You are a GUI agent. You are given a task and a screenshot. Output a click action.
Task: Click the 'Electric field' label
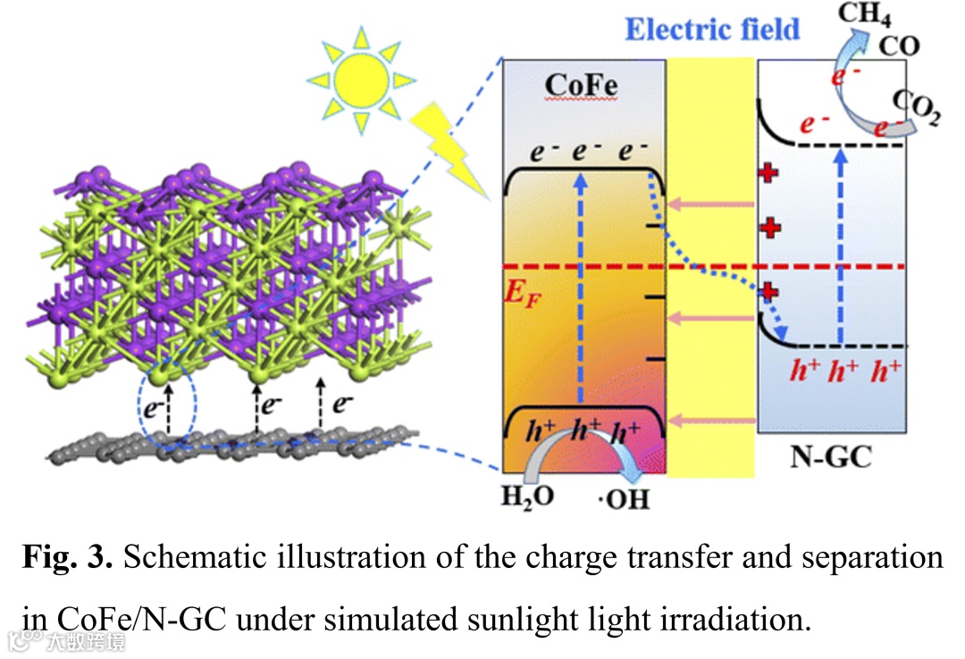pyautogui.click(x=711, y=29)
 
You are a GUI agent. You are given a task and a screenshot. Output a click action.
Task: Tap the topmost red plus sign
pyautogui.click(x=766, y=173)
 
